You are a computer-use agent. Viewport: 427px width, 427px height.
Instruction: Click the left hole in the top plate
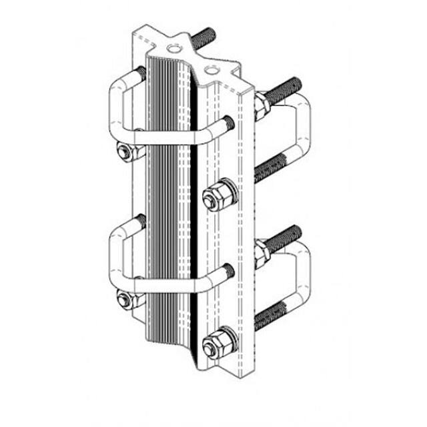point(174,48)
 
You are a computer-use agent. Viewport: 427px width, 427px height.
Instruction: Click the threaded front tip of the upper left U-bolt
point(228,123)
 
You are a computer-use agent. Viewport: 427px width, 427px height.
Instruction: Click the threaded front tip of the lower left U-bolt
point(228,270)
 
